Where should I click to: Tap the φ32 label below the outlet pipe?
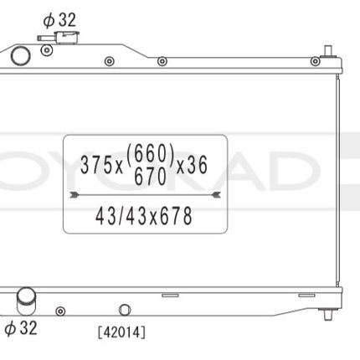[x=21, y=327]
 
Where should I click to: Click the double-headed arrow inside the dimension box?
[x=146, y=193]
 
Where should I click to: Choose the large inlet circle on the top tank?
[x=19, y=56]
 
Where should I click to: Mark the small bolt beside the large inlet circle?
[x=44, y=60]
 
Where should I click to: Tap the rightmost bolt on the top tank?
[x=315, y=61]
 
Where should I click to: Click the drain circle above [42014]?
[x=125, y=308]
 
